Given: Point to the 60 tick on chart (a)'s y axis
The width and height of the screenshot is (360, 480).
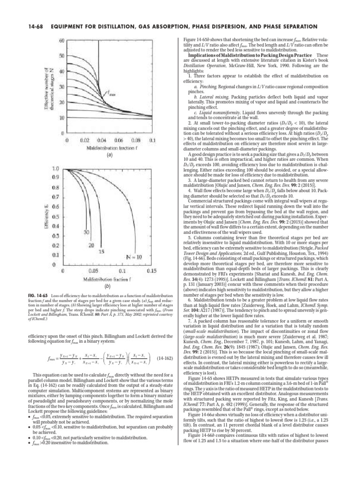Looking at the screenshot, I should [x=61, y=41].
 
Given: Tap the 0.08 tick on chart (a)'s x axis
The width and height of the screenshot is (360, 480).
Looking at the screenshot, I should [x=135, y=140].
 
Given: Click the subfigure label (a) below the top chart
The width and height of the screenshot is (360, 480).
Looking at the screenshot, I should [x=109, y=158].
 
